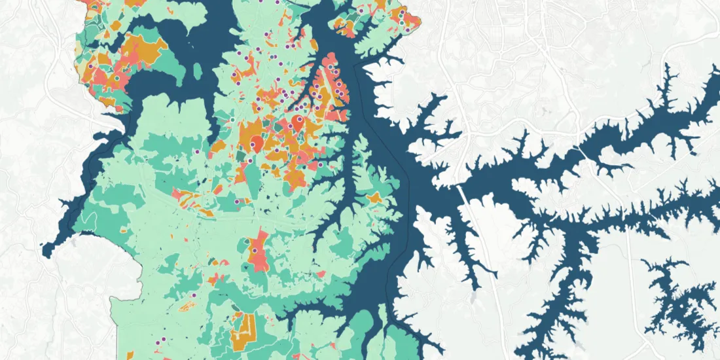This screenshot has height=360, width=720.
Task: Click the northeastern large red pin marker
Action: click(x=300, y=121)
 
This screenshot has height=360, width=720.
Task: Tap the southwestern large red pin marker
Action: click(x=257, y=143)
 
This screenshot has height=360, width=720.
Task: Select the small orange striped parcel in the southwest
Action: click(x=189, y=306)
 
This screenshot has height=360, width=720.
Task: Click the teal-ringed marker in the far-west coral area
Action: click(x=117, y=78)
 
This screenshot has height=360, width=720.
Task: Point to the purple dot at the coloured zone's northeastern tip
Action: click(x=407, y=29)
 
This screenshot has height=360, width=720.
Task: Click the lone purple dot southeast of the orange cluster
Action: click(x=321, y=166)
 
